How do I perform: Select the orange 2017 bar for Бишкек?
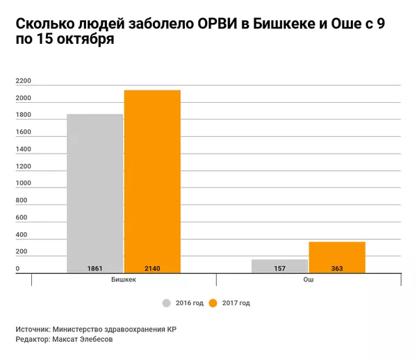(x=152, y=181)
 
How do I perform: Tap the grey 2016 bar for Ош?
(x=279, y=264)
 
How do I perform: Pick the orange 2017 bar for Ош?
(x=337, y=256)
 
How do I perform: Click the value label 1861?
(x=95, y=268)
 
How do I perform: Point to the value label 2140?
(x=152, y=268)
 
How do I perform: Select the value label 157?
(x=279, y=268)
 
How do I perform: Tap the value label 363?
(x=337, y=268)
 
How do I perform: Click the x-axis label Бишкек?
(x=124, y=279)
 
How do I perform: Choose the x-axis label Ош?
(x=308, y=279)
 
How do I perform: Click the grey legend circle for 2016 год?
(x=167, y=303)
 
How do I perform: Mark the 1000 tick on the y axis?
(x=23, y=183)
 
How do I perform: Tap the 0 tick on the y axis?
(x=17, y=269)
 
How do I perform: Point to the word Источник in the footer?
(x=33, y=329)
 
